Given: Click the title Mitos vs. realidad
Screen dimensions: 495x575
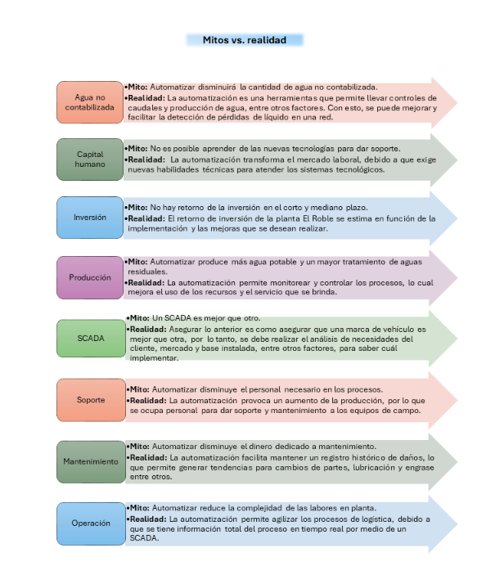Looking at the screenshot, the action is pos(245,40).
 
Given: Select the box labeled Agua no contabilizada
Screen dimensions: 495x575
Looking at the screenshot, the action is pos(90,102).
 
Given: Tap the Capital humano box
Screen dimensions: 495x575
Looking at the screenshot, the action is pos(90,159).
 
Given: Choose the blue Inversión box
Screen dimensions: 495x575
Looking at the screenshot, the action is pos(90,218).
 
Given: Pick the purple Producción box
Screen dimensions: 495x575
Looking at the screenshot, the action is pos(90,277).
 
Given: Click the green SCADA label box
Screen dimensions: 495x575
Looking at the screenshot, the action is pos(91,338).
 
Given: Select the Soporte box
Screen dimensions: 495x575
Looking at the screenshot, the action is pos(91,400).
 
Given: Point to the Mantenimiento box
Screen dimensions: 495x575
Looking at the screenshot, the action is pos(91,461).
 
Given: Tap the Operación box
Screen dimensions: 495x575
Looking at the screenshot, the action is pos(91,523).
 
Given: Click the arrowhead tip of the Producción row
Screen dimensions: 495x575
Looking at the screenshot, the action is pos(457,278).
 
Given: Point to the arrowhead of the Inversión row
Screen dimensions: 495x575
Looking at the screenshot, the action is pos(443,218).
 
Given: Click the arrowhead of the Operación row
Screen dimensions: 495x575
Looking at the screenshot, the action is pos(443,524).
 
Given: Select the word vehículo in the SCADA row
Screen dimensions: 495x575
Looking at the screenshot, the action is pos(398,330).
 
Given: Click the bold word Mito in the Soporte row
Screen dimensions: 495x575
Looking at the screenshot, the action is pos(139,389).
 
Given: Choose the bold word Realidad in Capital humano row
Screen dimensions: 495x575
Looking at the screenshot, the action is pos(146,159).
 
